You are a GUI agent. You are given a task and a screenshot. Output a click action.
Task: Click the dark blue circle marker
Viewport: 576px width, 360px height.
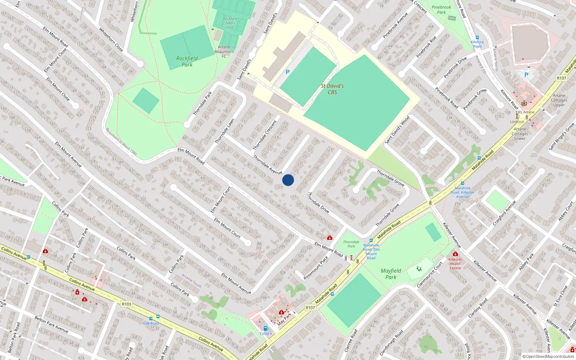point(288,180)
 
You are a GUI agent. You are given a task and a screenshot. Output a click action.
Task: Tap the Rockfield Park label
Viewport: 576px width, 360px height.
point(187,62)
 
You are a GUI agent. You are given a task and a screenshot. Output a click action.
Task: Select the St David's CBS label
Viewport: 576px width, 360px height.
point(332,89)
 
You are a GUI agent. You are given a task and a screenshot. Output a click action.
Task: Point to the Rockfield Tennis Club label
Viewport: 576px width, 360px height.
point(230,23)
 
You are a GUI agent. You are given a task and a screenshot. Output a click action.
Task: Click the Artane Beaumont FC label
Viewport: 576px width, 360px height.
point(224,51)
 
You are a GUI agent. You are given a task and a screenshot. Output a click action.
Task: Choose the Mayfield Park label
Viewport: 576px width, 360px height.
point(391,274)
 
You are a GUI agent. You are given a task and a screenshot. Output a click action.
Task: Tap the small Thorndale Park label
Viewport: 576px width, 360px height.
point(351,244)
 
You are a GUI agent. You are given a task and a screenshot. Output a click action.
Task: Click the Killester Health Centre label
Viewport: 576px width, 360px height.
point(455,264)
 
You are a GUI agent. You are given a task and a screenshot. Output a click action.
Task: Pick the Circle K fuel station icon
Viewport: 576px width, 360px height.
point(266,328)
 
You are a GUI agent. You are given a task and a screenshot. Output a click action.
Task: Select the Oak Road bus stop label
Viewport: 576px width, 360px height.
point(151,323)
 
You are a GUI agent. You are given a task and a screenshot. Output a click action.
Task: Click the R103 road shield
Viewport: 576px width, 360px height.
point(126,304)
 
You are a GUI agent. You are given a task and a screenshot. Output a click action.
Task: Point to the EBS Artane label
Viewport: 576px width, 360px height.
point(525,112)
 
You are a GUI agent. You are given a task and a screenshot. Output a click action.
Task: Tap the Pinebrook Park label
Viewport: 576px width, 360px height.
point(441,10)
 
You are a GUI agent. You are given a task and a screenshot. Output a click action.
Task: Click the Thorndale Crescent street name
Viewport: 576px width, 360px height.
point(265,135)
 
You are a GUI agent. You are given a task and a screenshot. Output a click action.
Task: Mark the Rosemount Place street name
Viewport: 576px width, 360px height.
point(316,268)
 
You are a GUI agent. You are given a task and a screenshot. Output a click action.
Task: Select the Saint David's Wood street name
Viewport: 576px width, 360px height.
point(397,130)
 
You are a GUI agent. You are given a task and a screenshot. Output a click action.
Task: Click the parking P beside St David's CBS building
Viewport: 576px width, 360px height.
point(288,72)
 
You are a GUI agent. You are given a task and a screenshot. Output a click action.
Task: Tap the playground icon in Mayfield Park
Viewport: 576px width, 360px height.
point(419,269)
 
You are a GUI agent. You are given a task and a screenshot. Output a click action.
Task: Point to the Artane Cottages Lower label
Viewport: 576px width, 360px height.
point(520,134)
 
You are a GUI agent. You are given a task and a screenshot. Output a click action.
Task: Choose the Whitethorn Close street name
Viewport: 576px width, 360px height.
point(111,40)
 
